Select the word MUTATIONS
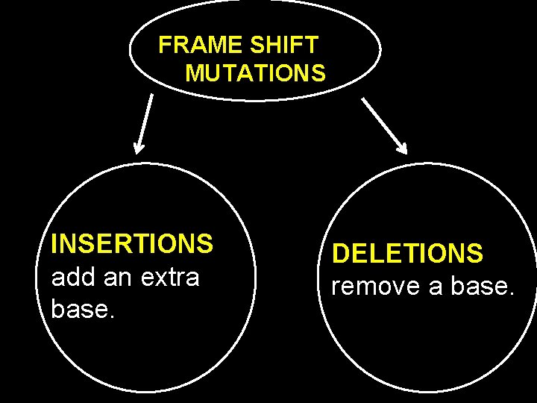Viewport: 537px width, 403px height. coord(255,74)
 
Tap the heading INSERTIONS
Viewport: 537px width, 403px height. coord(132,244)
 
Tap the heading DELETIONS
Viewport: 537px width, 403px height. coord(408,254)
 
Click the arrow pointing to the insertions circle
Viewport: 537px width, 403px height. coord(145,124)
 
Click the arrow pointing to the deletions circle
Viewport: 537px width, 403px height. coord(384,125)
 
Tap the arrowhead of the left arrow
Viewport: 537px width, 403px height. coord(139,147)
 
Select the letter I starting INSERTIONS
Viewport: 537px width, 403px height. coord(54,244)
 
